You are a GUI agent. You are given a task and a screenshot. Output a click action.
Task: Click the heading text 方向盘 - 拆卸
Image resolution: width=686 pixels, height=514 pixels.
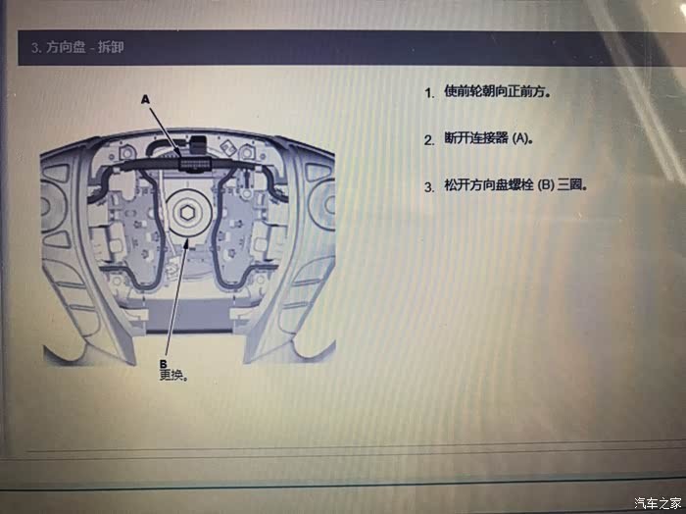[84, 47]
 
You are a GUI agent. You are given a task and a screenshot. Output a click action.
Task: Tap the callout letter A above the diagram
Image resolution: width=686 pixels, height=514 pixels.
[145, 100]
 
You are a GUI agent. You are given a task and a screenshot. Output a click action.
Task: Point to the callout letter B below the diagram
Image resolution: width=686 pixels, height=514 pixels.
[164, 363]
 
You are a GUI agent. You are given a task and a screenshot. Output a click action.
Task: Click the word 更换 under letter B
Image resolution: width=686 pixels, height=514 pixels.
[171, 376]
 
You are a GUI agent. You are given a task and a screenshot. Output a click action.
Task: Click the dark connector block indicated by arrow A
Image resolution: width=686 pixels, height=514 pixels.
[196, 164]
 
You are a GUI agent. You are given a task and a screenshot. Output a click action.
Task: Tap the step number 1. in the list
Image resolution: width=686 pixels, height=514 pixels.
[429, 93]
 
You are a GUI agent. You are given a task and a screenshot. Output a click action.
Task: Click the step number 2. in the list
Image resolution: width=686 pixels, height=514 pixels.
[429, 139]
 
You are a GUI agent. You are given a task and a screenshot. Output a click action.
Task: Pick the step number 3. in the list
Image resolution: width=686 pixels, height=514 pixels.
[429, 187]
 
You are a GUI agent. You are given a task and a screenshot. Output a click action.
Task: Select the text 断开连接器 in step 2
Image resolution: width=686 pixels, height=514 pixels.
[476, 138]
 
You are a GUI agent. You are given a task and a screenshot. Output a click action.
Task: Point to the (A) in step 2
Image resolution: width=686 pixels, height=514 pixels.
[519, 138]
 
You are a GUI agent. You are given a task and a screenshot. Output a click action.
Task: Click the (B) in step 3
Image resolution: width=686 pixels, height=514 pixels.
[546, 185]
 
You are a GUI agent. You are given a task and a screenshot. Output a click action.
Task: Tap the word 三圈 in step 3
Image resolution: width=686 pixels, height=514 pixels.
[569, 185]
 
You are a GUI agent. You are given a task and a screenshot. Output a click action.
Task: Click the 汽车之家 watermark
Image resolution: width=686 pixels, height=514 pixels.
[658, 503]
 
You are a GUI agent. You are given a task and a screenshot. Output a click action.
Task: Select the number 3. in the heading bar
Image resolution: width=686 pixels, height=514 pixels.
[36, 47]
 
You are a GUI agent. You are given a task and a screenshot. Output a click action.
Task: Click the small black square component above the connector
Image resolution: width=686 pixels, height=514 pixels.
[198, 143]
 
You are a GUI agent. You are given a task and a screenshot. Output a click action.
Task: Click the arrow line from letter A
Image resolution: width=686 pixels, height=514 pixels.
[165, 131]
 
